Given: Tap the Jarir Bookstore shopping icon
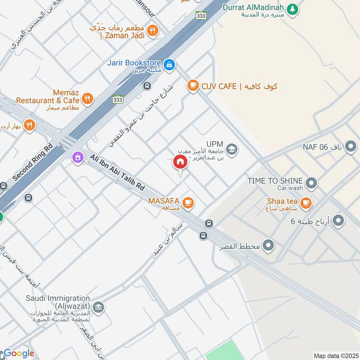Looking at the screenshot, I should point(169,65).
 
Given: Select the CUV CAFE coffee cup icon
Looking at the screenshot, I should point(193,85).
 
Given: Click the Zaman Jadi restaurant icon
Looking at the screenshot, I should point(153,31).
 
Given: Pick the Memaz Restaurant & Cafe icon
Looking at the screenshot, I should point(88,99).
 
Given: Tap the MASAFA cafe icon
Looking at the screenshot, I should point(188,203).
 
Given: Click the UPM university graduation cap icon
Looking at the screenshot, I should point(232,149).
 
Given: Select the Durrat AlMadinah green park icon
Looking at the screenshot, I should point(293,9).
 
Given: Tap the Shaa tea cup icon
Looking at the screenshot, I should point(306,203).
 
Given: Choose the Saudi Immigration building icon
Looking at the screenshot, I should point(99,308).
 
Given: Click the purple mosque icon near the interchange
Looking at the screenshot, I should point(78,157).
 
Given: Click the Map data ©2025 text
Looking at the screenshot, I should point(335,355).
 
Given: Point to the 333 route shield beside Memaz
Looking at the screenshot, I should point(118,99).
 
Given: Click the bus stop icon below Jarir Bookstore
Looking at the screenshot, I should point(147,85).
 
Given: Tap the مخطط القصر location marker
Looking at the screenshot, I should point(269,245).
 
